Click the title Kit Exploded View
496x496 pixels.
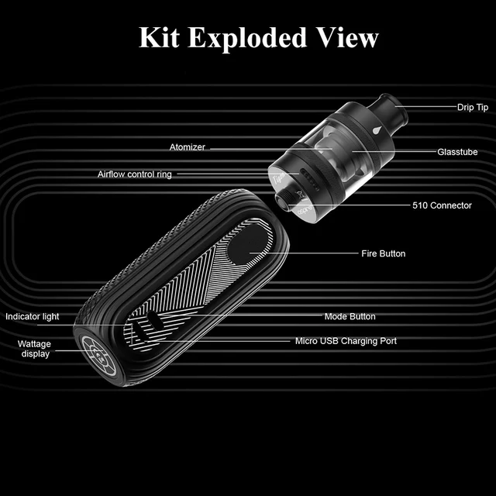point(259,37)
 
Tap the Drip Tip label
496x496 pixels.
point(472,107)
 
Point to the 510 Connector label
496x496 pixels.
point(441,205)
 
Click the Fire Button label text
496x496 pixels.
point(383,253)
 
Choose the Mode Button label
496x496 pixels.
point(350,316)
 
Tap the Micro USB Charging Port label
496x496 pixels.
point(346,340)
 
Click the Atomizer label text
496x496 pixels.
point(188,147)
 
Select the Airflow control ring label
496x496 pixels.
point(135,174)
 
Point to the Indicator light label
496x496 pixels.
point(33,316)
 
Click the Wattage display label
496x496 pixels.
point(34,349)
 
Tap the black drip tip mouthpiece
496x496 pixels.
point(383,108)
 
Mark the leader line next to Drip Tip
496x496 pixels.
point(425,107)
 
